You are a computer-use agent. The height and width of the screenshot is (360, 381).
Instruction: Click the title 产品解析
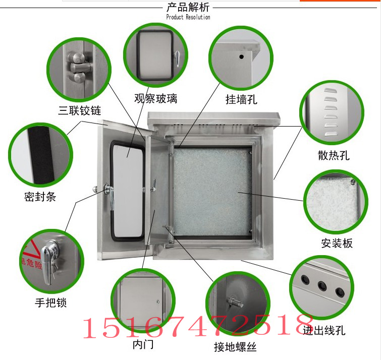[x=188, y=8]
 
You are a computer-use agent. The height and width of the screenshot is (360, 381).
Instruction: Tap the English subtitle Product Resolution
[x=188, y=17]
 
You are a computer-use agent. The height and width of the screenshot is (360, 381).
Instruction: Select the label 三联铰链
[x=80, y=110]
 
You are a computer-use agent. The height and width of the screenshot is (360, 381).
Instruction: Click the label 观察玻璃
[x=155, y=99]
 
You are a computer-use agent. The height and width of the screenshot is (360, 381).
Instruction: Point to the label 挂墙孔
[x=241, y=99]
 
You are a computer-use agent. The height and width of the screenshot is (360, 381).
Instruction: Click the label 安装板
[x=337, y=243]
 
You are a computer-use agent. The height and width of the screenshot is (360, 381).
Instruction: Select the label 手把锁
[x=50, y=303]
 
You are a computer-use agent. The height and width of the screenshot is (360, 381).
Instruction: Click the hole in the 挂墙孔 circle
[x=242, y=56]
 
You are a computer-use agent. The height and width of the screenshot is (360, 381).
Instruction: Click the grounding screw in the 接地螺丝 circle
[x=233, y=303]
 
